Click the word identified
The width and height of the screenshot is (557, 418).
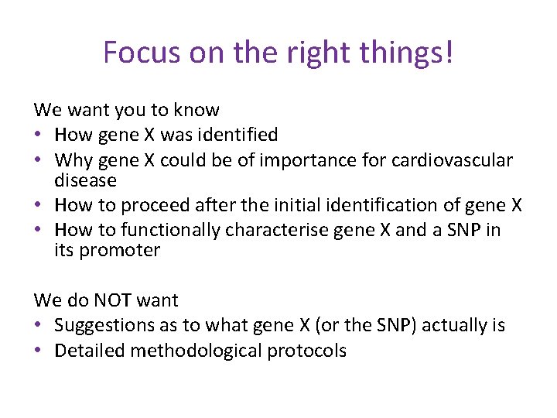[234, 135]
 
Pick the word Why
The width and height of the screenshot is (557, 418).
[72, 160]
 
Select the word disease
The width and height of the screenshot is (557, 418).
[85, 180]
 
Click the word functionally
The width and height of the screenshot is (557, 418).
[172, 230]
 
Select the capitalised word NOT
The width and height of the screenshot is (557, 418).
[117, 300]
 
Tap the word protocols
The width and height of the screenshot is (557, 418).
[307, 351]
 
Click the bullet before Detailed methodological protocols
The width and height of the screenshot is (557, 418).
[39, 351]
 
